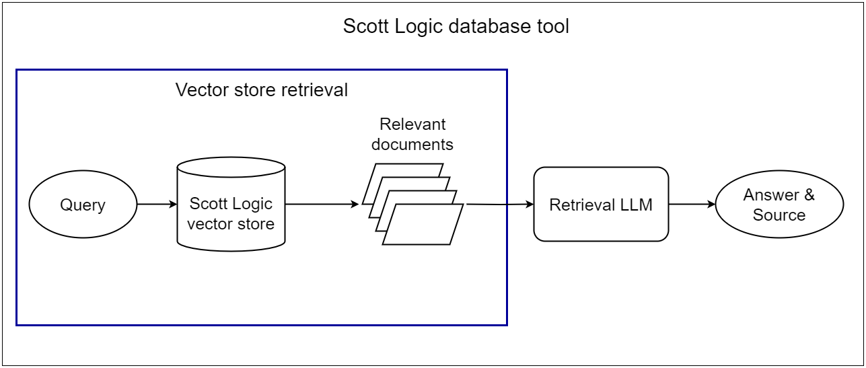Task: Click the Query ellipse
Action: tap(83, 205)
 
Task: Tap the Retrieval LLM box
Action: tap(601, 205)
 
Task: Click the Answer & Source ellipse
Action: tap(779, 205)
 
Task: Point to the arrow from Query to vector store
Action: tap(156, 205)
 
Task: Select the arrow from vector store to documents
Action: tap(322, 205)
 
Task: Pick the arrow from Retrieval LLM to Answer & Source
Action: tap(692, 205)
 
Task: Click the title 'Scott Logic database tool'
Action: tap(456, 26)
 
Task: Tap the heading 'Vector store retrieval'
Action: tap(262, 90)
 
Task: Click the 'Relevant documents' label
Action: tap(412, 134)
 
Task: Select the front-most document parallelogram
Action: tap(423, 225)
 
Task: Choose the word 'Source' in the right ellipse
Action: tap(779, 215)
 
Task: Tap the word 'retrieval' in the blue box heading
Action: tap(317, 90)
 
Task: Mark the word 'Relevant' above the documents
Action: tap(412, 124)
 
